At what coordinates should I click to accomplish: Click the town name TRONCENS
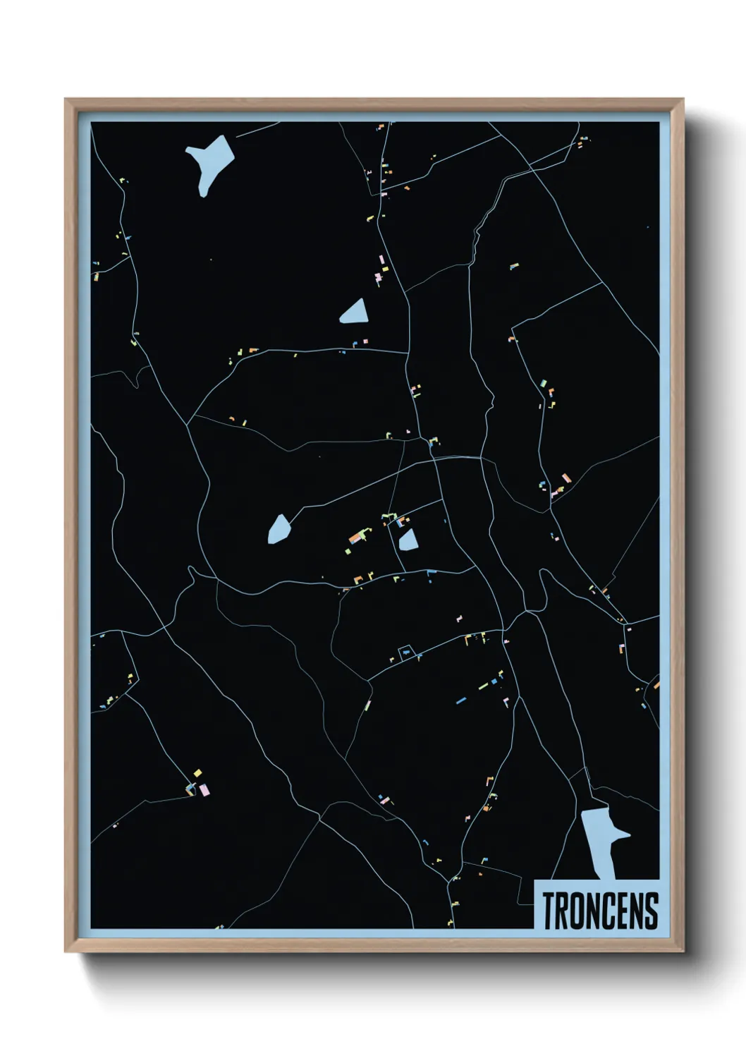click(600, 910)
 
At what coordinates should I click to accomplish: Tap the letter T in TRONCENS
click(549, 910)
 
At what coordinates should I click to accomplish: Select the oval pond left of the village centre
click(279, 529)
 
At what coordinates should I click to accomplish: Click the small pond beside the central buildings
click(408, 541)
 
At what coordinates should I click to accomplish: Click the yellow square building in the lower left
click(198, 772)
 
